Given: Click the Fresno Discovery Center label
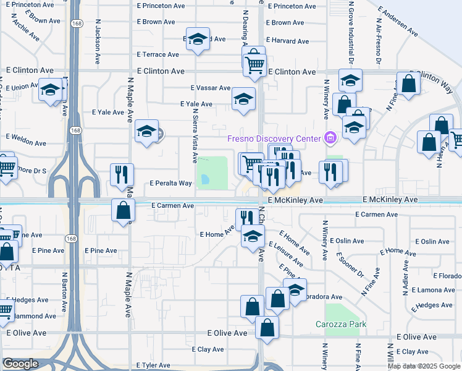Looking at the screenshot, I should pyautogui.click(x=274, y=138).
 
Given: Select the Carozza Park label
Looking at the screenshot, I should pyautogui.click(x=340, y=324).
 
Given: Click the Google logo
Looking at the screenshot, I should pyautogui.click(x=20, y=364).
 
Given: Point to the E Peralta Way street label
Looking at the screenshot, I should pyautogui.click(x=171, y=184).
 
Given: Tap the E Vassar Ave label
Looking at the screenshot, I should pyautogui.click(x=210, y=88).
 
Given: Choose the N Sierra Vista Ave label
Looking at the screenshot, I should pyautogui.click(x=195, y=136).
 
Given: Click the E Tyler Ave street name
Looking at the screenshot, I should pyautogui.click(x=153, y=365).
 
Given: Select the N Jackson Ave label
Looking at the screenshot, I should pyautogui.click(x=98, y=45).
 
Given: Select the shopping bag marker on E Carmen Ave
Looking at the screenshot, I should pyautogui.click(x=124, y=210).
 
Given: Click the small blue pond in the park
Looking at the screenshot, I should pyautogui.click(x=204, y=180).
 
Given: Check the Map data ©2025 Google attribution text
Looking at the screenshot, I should pyautogui.click(x=424, y=366).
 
